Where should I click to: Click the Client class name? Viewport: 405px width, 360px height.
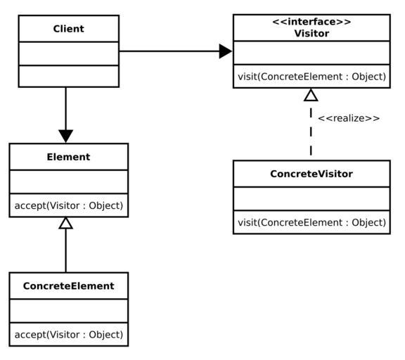click(68, 29)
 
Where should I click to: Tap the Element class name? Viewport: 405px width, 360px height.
click(68, 157)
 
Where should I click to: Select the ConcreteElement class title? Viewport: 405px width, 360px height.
click(68, 286)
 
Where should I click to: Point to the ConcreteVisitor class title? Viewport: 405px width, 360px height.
click(311, 174)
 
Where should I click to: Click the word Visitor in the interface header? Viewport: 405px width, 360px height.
click(311, 33)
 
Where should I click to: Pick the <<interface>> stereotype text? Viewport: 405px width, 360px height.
click(311, 22)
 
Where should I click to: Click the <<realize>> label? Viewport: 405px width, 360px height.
click(349, 118)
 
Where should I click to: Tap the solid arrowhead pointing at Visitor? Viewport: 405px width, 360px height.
click(226, 51)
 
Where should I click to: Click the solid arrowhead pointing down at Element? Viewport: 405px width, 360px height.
click(66, 136)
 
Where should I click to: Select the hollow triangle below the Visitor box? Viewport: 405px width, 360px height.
click(311, 95)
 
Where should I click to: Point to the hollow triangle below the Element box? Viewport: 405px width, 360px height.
click(65, 223)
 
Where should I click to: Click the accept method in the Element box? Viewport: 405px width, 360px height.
click(69, 205)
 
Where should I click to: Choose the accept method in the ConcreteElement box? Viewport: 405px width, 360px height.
click(69, 335)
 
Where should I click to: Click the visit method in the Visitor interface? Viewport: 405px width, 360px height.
click(311, 77)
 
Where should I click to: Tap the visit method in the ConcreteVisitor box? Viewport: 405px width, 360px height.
click(311, 222)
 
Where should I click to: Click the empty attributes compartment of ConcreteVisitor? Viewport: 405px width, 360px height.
click(311, 198)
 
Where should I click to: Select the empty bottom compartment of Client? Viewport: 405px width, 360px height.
click(69, 76)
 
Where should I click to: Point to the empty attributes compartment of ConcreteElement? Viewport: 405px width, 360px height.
click(69, 311)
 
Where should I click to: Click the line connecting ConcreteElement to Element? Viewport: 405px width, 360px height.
click(65, 250)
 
